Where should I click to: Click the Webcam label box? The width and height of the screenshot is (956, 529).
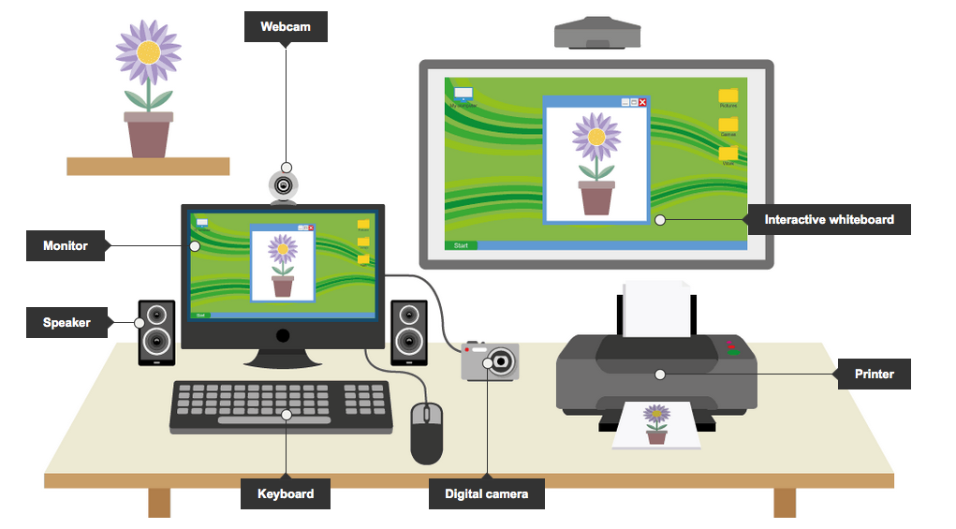tap(285, 27)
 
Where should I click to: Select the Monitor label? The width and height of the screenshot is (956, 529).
tap(66, 246)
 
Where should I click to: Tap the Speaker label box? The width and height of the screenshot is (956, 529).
tap(66, 323)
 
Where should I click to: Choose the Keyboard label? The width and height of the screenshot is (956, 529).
tap(285, 493)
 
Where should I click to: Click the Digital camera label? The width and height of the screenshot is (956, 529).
tap(486, 493)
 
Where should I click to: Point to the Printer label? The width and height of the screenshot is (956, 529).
tap(874, 375)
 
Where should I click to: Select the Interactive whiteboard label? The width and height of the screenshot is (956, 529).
tap(829, 220)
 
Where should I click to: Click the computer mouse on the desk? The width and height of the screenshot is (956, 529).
tap(427, 432)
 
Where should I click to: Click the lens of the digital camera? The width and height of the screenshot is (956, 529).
tap(503, 361)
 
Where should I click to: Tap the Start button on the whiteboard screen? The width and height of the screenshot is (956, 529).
tap(461, 245)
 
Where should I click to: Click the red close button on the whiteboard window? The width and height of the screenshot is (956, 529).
tap(642, 102)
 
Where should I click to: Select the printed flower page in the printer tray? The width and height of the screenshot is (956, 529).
tap(656, 424)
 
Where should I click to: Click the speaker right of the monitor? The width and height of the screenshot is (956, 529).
tap(408, 331)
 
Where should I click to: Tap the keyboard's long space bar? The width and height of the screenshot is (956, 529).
tap(274, 420)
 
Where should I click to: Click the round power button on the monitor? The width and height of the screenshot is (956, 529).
tap(283, 335)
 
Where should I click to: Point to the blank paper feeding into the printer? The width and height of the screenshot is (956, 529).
tap(656, 309)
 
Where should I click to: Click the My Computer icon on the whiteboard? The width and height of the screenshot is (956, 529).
tap(463, 96)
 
